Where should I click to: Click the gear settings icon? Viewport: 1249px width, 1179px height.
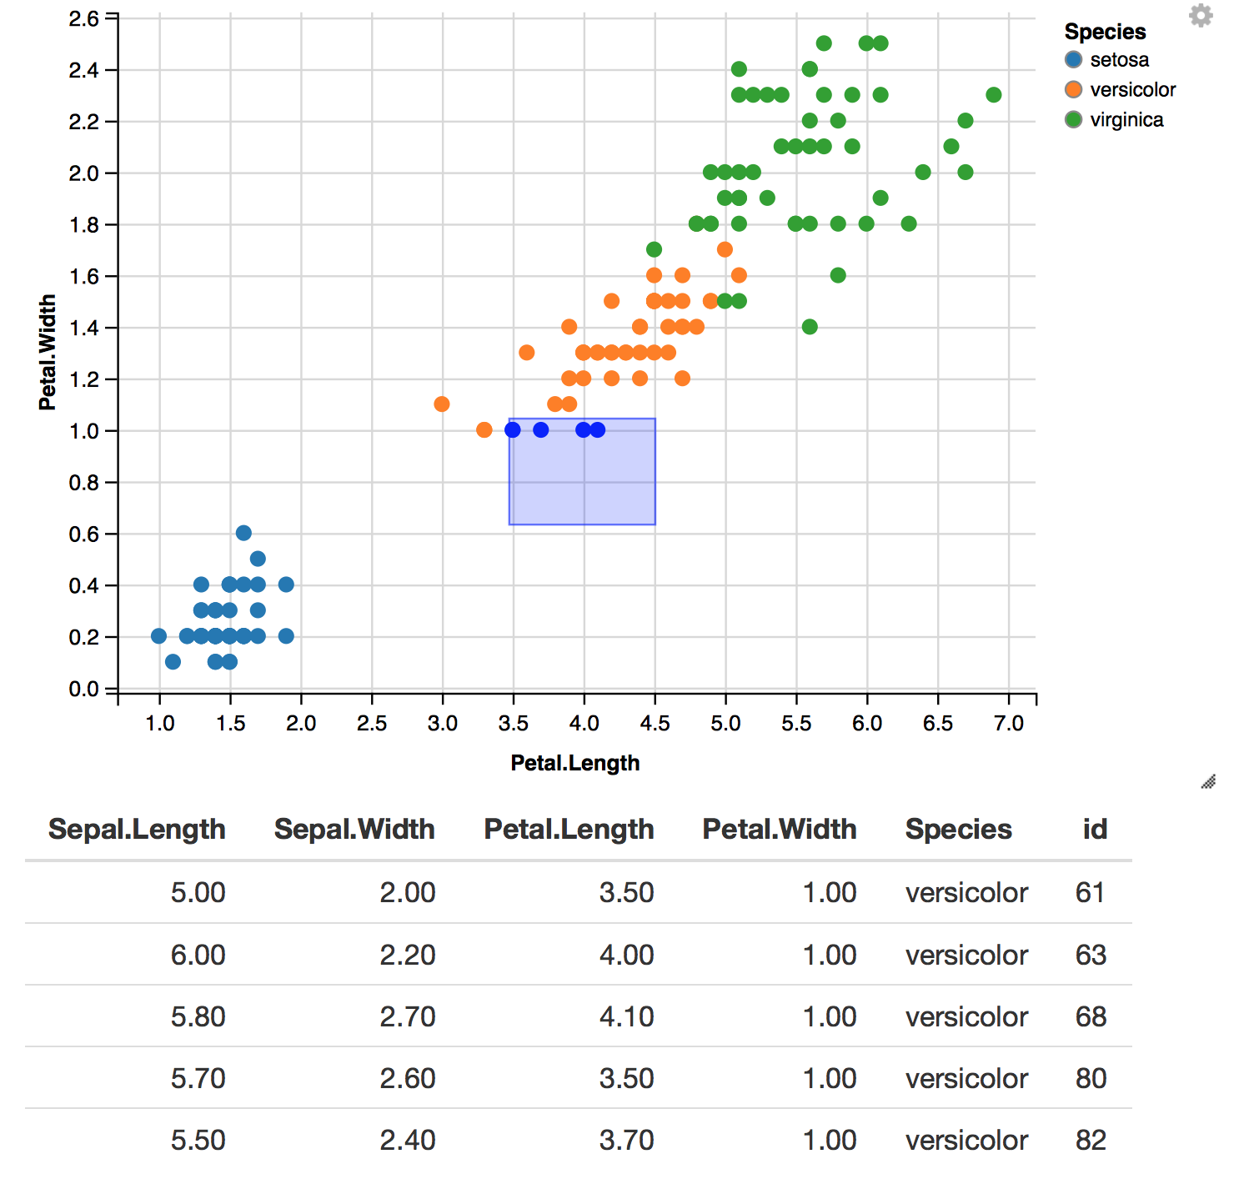click(1200, 16)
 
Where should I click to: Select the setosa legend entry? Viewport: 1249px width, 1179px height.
click(1107, 60)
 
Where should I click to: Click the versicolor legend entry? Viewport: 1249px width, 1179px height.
click(1121, 90)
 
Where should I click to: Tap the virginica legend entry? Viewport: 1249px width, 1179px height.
click(1115, 120)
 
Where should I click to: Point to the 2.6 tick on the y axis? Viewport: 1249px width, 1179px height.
click(83, 18)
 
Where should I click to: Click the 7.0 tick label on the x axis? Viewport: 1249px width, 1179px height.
click(1008, 723)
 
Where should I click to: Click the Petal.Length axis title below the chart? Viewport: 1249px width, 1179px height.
click(574, 763)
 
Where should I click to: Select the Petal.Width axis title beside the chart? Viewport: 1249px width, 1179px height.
click(48, 352)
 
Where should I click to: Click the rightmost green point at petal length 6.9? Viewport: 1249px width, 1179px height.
click(993, 95)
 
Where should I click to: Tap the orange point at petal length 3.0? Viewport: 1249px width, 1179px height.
click(442, 404)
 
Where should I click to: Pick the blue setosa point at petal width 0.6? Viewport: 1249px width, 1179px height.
click(243, 533)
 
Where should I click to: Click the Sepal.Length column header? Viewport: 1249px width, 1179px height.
click(137, 829)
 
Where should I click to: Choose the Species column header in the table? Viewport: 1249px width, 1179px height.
click(958, 829)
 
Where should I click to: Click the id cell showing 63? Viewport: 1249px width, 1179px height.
click(1090, 955)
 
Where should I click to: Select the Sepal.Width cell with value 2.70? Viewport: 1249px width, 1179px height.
click(407, 1016)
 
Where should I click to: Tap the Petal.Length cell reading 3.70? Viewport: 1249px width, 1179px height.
click(626, 1140)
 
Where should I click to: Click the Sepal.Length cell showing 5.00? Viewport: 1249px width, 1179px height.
click(198, 892)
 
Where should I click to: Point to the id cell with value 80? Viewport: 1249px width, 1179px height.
click(1090, 1078)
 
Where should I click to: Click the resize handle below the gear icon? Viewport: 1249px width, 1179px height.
click(1208, 781)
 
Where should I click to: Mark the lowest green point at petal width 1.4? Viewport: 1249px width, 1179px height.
click(810, 327)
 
